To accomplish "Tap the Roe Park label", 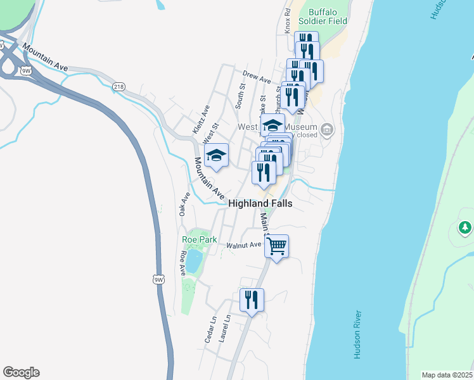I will pos(200,239).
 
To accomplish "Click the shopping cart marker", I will pos(276,245).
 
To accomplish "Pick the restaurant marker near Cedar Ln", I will pos(252,300).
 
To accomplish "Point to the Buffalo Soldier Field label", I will pos(328,16).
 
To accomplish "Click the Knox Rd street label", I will pos(288,21).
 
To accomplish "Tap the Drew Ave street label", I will pos(257,77).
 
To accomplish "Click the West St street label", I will pos(211,133).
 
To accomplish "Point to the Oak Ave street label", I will pos(184,205).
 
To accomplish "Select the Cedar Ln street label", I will pos(210,329).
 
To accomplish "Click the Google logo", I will pos(21,372).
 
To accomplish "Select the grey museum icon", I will pos(327,130).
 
